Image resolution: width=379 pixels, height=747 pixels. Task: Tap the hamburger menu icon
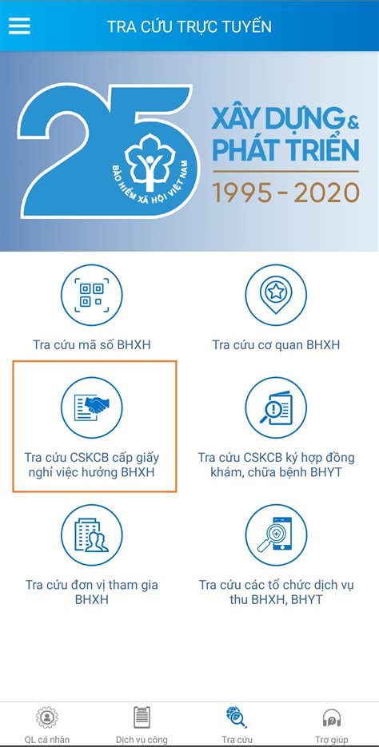[19, 26]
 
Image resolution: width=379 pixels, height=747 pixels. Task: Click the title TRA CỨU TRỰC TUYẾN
[189, 26]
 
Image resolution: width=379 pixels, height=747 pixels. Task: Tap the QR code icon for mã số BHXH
[91, 295]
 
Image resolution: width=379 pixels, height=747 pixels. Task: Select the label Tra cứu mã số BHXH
[91, 344]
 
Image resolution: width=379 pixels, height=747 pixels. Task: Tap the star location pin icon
[276, 295]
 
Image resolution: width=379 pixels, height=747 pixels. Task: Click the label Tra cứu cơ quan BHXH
[276, 344]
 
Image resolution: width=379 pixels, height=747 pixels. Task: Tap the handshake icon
[91, 407]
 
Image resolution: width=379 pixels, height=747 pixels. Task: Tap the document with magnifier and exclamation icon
[276, 407]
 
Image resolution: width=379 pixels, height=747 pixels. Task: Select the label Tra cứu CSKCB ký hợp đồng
[276, 457]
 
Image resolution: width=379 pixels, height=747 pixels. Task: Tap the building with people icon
[91, 535]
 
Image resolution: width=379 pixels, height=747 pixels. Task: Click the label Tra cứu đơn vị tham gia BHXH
[91, 592]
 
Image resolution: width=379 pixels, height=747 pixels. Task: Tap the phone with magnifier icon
[276, 535]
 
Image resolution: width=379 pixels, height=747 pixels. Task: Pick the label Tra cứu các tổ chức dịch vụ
[276, 585]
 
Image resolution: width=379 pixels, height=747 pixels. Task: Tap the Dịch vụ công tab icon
[142, 717]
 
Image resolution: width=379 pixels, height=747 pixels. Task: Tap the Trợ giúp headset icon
[331, 717]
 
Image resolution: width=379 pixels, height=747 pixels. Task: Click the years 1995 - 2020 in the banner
[285, 192]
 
